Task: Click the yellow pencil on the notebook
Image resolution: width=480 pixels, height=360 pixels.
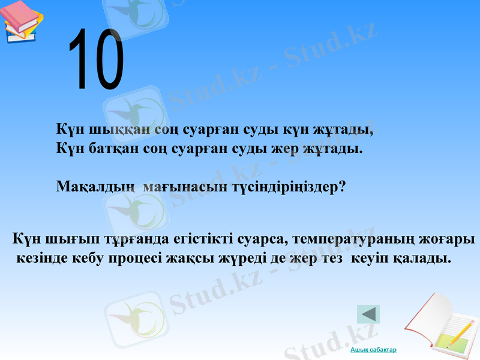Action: coord(459,331)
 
